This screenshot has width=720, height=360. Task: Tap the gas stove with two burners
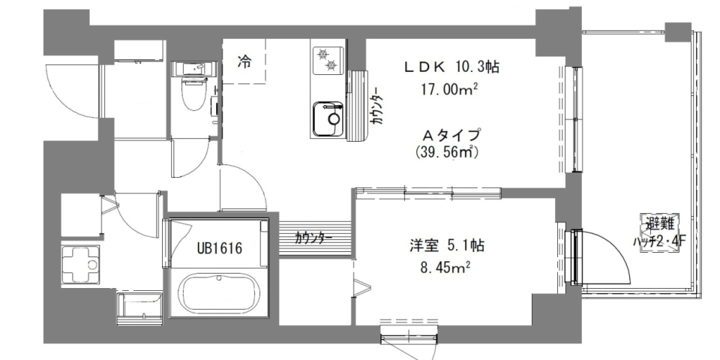click(327, 60)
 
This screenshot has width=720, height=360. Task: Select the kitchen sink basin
click(326, 119)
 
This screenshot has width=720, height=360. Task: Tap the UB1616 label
click(220, 247)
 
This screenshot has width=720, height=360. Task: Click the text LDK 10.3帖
click(452, 67)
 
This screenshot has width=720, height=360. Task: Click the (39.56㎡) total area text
click(448, 152)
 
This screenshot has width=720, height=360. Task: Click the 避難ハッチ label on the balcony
click(661, 229)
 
